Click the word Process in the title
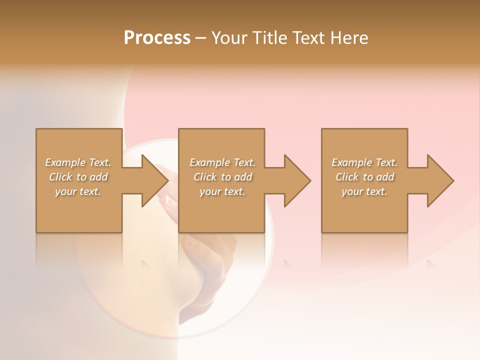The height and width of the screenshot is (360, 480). click(157, 38)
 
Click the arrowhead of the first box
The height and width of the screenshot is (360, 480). click(153, 180)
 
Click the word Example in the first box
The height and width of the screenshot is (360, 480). click(65, 162)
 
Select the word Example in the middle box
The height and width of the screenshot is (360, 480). click(209, 162)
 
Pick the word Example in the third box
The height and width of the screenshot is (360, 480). click(351, 162)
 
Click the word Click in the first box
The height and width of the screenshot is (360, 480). click(60, 177)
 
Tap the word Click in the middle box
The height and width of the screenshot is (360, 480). click(205, 177)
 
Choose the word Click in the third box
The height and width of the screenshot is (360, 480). click(347, 177)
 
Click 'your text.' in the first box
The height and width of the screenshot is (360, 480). click(78, 191)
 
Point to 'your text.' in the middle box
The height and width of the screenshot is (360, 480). click(222, 191)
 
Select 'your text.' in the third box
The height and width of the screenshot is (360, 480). click(364, 191)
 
